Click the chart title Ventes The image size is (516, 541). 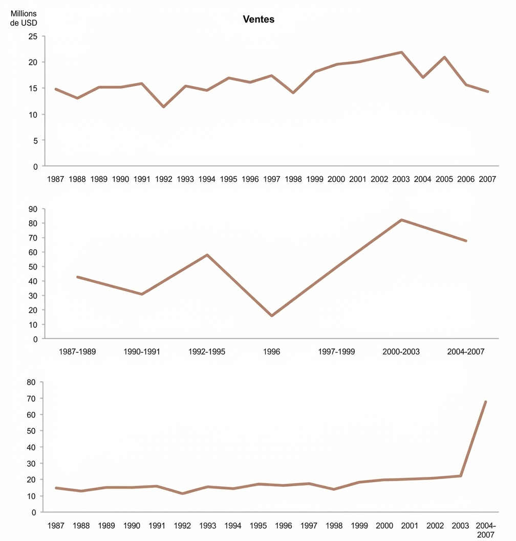258,19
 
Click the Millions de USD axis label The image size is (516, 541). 24,17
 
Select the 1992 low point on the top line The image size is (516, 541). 163,107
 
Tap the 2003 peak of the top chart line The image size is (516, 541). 402,52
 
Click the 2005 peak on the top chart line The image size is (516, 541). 445,57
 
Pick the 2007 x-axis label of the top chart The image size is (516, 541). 488,179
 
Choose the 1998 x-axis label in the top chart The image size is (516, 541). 293,179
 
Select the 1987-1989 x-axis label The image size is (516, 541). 77,352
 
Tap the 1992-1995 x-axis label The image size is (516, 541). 207,352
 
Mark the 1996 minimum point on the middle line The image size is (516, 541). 272,316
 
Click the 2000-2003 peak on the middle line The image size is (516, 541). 402,220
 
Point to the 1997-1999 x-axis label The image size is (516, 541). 336,352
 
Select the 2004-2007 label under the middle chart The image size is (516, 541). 466,352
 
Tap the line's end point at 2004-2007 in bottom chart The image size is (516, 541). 485,402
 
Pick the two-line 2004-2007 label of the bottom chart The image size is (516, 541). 485,530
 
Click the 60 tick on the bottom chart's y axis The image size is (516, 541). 31,414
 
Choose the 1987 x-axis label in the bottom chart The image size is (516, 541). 56,526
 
